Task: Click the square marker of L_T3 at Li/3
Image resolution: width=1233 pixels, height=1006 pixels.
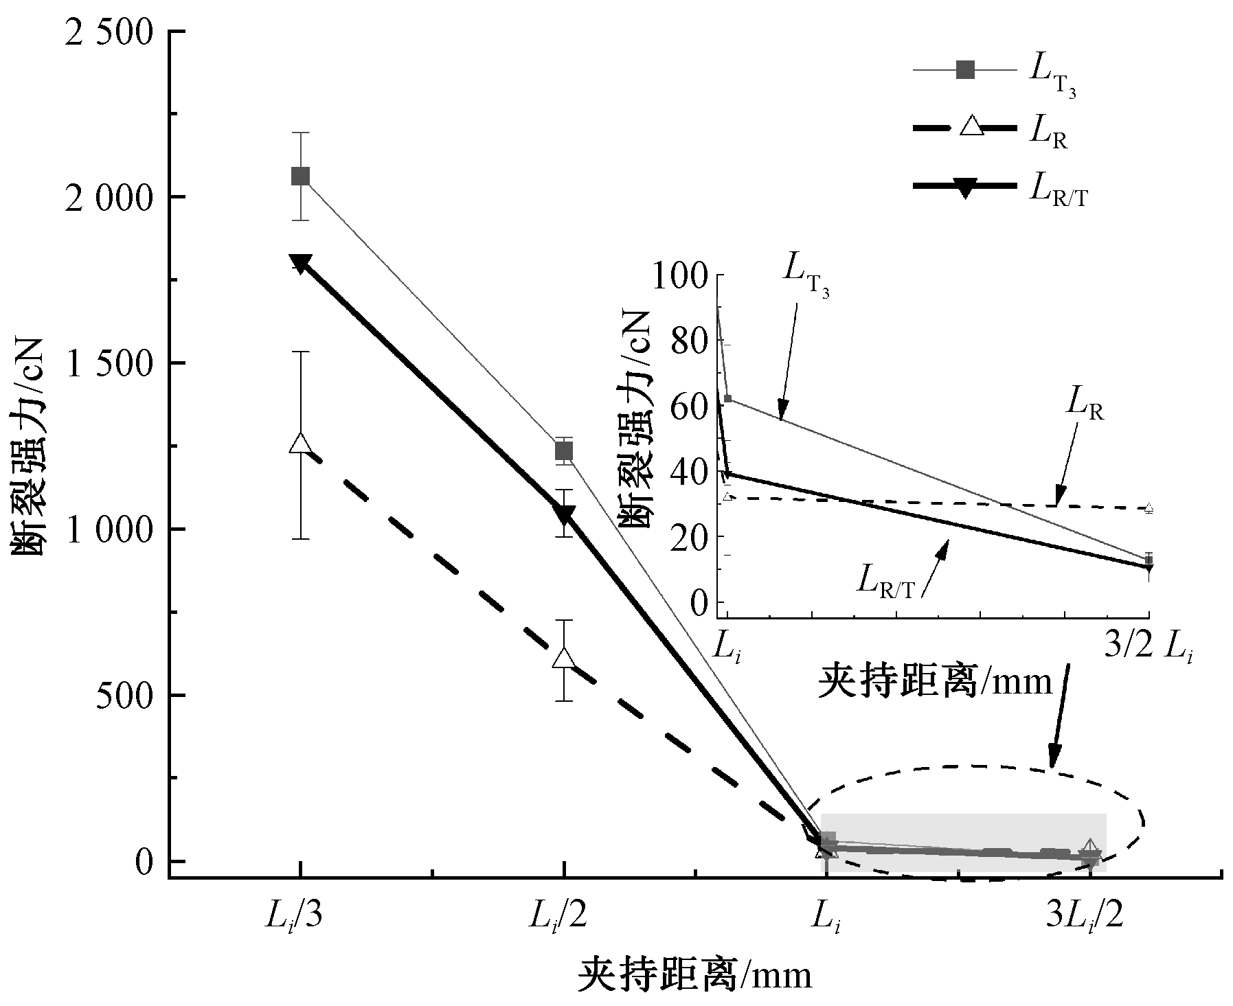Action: point(300,176)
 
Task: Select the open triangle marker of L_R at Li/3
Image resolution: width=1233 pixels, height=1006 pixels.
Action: point(300,444)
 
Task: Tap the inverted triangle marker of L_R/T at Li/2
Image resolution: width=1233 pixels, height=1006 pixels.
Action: point(564,514)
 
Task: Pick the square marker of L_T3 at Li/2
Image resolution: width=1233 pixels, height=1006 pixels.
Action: point(564,450)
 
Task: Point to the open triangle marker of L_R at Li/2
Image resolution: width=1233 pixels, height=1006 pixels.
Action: point(564,658)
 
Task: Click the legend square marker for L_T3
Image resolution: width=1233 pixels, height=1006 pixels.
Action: point(966,69)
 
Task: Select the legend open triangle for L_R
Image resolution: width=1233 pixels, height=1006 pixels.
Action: point(966,128)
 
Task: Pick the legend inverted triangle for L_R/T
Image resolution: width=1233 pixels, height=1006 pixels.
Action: point(966,186)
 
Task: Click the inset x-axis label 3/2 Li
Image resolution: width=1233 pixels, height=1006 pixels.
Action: point(1148,648)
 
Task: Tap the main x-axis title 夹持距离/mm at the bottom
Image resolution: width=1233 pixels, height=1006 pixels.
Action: point(694,975)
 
